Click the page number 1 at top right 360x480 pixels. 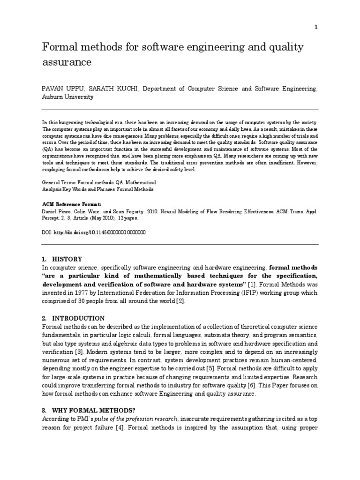pyautogui.click(x=316, y=27)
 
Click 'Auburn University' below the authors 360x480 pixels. pyautogui.click(x=67, y=97)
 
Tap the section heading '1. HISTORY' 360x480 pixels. pyautogui.click(x=62, y=259)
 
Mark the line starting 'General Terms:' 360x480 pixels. pyautogui.click(x=99, y=182)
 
